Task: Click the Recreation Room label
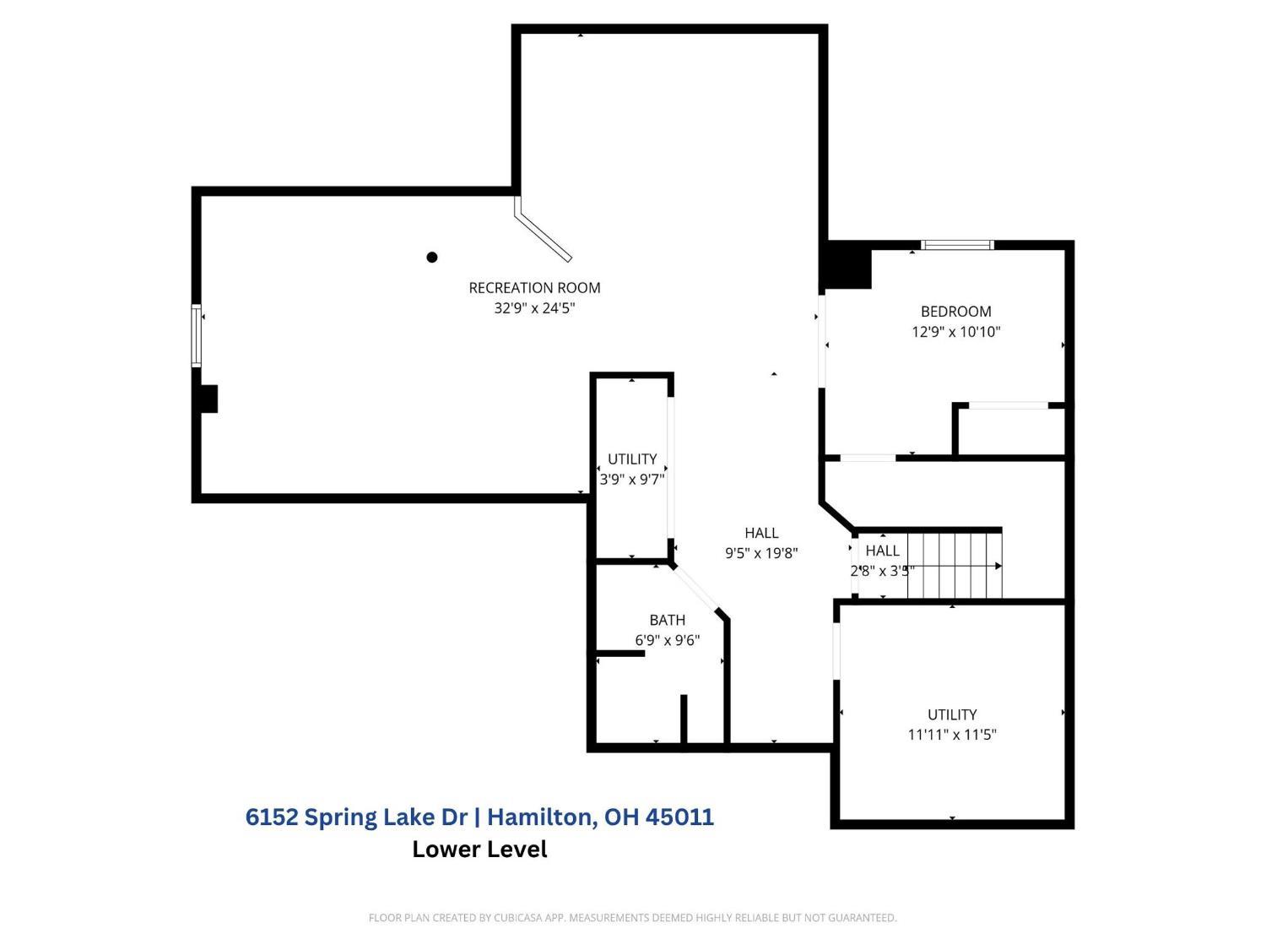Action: [x=534, y=287]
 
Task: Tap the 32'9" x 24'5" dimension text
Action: [x=534, y=307]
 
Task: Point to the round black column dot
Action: [x=431, y=257]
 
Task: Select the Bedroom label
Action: [x=955, y=311]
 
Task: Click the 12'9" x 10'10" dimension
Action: [x=955, y=331]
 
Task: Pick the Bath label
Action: [x=667, y=620]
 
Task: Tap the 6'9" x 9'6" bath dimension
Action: [x=667, y=640]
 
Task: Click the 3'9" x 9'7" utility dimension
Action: [x=632, y=479]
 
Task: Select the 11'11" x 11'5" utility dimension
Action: [x=952, y=735]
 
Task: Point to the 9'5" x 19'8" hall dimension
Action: [x=760, y=552]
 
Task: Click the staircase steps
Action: [x=954, y=566]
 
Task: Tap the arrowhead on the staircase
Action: [x=998, y=566]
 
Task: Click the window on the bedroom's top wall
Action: [x=957, y=245]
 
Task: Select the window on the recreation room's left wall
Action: [x=197, y=335]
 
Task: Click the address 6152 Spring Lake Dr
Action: [x=356, y=817]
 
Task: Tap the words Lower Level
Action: [x=479, y=849]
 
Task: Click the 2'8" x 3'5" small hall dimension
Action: [x=882, y=571]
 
